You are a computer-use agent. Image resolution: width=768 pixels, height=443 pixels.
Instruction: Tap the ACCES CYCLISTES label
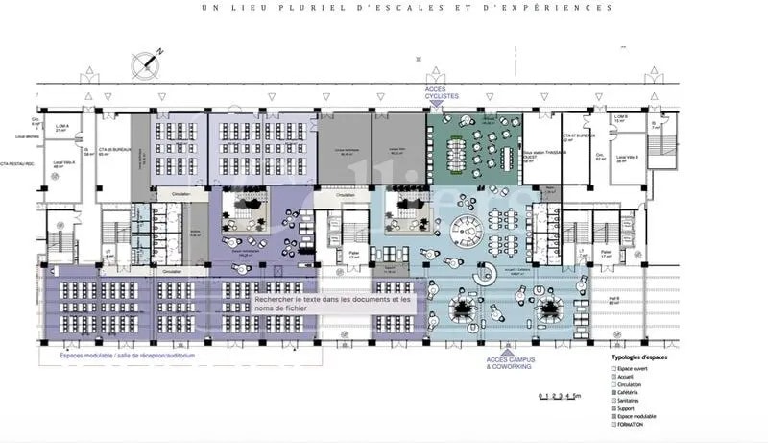(x=444, y=93)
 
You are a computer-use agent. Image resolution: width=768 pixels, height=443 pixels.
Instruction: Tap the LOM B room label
(x=619, y=119)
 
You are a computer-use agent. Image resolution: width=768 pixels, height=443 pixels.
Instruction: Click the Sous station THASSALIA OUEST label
(x=538, y=154)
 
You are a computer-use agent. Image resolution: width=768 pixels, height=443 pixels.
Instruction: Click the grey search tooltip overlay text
(x=332, y=303)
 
